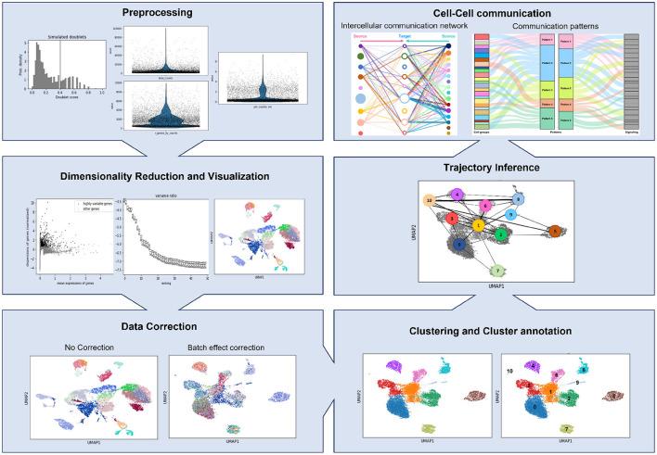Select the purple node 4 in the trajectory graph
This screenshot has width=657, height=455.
click(x=457, y=194)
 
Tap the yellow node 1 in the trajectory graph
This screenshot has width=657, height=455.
click(x=478, y=224)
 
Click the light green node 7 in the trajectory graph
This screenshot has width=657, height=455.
click(x=498, y=271)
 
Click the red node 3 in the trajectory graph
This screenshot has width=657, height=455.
click(x=452, y=219)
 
